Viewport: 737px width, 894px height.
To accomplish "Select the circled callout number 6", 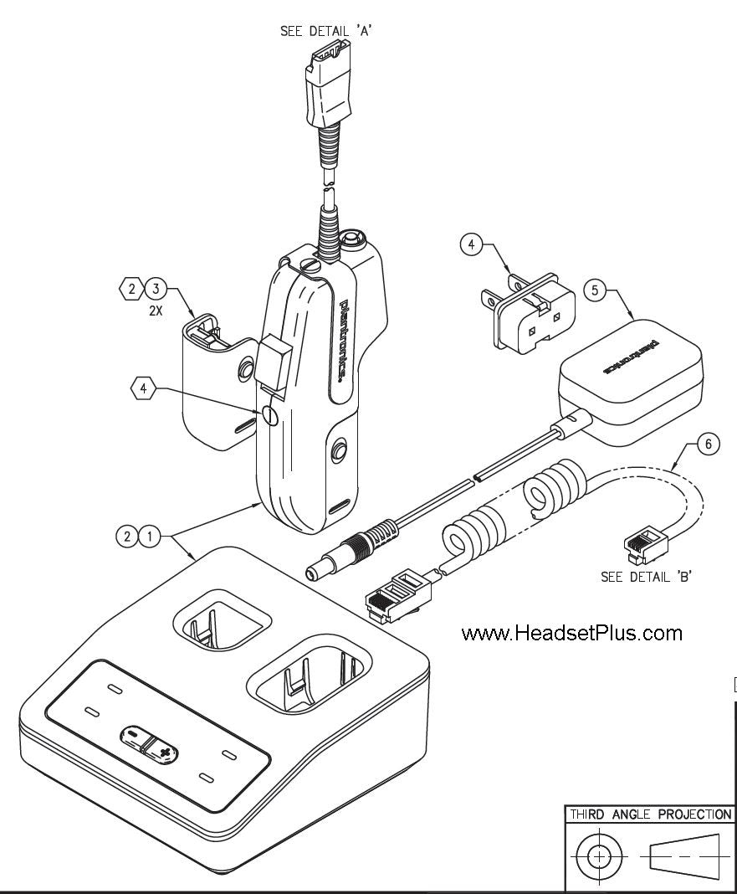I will tap(708, 444).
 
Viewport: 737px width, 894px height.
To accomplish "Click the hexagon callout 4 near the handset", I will tap(145, 388).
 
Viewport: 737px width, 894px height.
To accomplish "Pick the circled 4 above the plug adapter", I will tap(472, 244).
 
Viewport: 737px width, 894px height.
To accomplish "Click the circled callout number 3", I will tap(156, 290).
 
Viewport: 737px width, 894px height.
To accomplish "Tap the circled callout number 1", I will tap(151, 537).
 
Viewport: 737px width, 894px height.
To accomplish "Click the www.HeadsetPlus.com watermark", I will tap(571, 634).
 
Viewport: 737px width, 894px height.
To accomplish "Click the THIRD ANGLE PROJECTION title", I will tap(650, 814).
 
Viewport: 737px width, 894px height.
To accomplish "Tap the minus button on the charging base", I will tap(134, 734).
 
